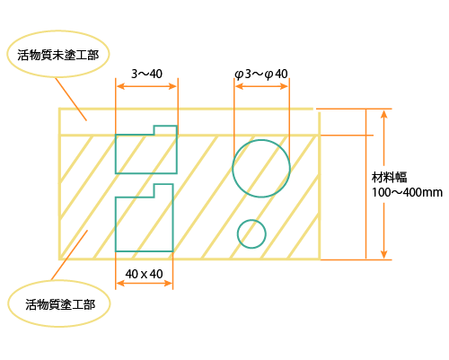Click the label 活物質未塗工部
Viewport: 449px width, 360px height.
(57, 55)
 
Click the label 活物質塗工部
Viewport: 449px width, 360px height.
(60, 304)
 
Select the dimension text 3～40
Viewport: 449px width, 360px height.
(146, 74)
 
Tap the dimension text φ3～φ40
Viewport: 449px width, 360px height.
(261, 74)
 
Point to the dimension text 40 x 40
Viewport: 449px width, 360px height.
(144, 274)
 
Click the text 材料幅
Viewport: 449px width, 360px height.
(389, 177)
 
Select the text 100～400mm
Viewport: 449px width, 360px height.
(407, 192)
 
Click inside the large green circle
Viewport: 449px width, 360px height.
(261, 169)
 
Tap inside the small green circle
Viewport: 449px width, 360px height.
(251, 234)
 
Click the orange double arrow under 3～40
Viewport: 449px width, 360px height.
(146, 86)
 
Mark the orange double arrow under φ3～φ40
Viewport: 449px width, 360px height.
(261, 86)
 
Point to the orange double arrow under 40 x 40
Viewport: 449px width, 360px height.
(144, 283)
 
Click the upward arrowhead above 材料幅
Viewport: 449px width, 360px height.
(384, 114)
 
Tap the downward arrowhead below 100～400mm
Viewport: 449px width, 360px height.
(384, 254)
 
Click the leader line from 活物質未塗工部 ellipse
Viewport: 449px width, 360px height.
(71, 99)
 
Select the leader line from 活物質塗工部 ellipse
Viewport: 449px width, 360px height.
(69, 255)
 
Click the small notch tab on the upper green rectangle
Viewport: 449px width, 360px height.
(165, 130)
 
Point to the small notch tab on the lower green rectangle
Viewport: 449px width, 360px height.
(163, 190)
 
